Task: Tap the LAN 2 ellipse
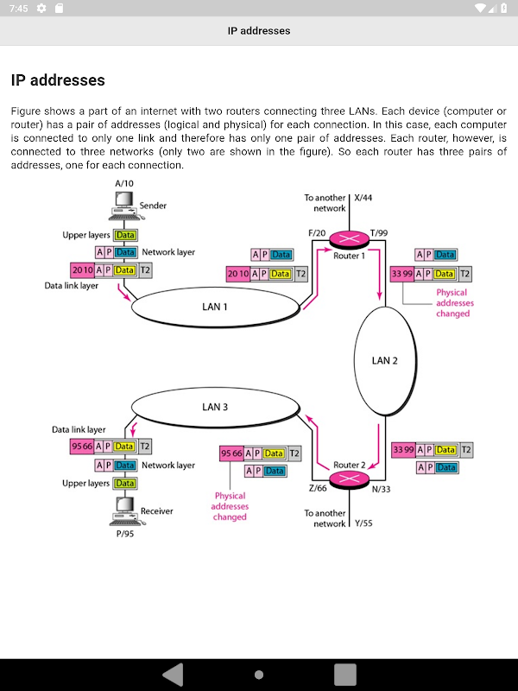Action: point(385,360)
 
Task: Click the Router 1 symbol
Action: point(350,243)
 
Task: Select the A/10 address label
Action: point(124,184)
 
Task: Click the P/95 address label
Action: point(124,533)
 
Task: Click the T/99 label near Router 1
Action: point(379,233)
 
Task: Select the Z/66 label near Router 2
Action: point(318,489)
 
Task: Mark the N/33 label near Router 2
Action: point(381,489)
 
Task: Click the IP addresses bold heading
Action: point(58,80)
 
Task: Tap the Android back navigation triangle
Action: point(173,674)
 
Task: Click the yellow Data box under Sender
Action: point(125,235)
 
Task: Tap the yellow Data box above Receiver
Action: point(125,484)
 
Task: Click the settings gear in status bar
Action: point(41,9)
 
